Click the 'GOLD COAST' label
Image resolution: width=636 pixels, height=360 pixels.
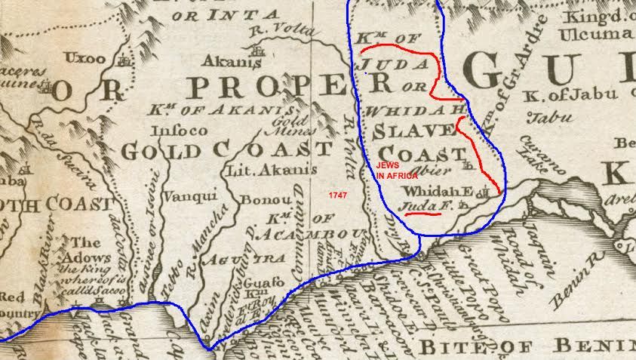(226, 149)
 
